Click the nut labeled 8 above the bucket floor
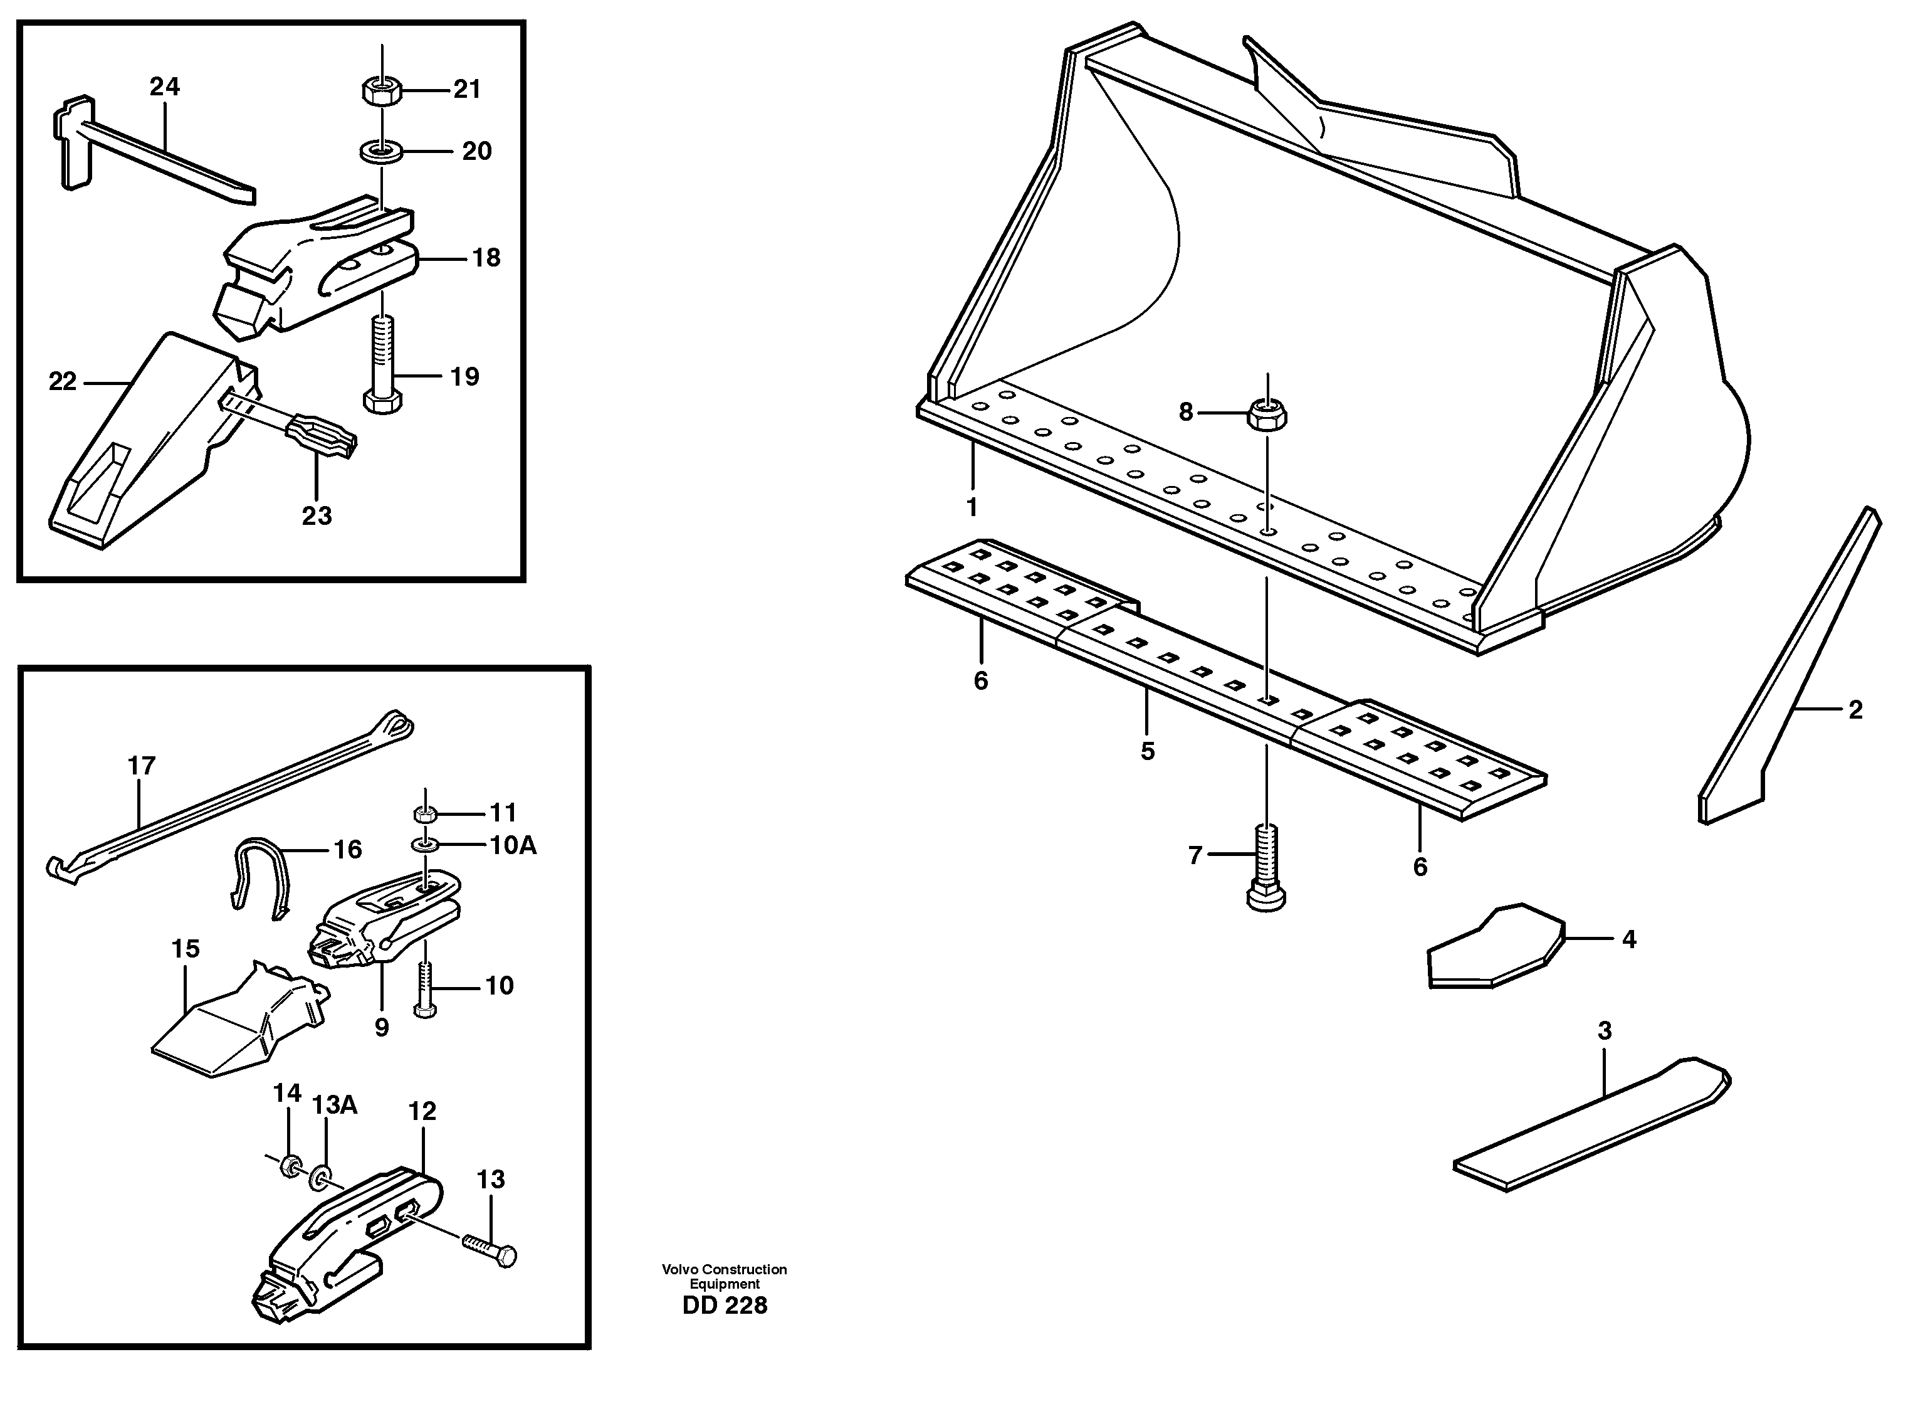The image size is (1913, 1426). pos(1266,415)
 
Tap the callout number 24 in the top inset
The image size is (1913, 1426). pos(164,87)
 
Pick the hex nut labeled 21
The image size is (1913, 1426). pos(380,90)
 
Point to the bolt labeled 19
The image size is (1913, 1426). pos(383,362)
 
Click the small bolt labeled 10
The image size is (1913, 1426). pos(424,989)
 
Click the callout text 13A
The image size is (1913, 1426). pos(334,1105)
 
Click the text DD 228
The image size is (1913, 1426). pos(724,1305)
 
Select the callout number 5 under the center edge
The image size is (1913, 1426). pos(1147,751)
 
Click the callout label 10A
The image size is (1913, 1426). pos(513,845)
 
